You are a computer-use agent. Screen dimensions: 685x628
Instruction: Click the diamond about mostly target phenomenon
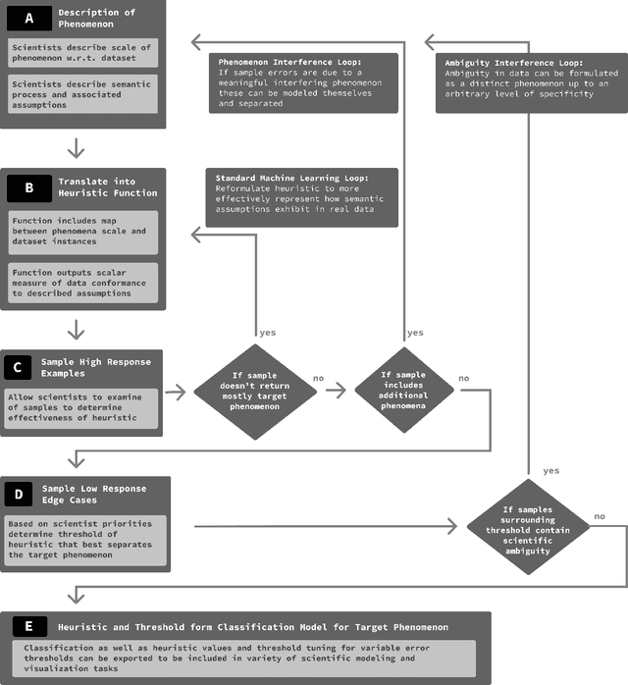tap(254, 391)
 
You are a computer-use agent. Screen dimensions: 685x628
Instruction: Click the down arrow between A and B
tap(77, 148)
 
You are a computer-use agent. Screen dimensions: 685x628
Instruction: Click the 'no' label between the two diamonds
tap(319, 377)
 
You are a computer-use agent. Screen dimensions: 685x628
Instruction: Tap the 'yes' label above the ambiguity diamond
tap(550, 470)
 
